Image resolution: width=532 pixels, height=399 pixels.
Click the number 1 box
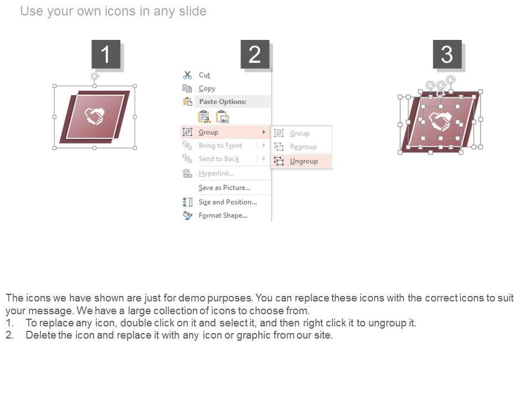106,54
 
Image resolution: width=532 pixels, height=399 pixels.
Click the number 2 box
255,54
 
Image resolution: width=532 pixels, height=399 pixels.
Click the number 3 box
447,54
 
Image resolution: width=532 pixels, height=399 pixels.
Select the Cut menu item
204,75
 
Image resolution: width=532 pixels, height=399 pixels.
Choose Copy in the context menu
207,89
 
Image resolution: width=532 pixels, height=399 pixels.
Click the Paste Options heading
223,101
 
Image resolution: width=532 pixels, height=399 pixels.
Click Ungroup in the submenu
304,161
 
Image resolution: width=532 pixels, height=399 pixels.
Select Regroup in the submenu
303,147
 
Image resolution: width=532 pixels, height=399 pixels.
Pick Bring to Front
221,146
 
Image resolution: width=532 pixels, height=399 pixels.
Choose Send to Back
219,159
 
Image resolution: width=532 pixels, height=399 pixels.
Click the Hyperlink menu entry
217,173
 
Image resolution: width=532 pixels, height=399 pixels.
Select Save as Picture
224,188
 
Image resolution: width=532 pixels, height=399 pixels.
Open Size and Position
228,202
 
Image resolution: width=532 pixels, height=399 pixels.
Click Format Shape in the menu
223,216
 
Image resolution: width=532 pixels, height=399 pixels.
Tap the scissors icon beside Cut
187,75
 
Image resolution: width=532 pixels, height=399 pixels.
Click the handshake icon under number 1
95,116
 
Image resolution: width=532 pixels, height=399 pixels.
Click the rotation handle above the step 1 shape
95,76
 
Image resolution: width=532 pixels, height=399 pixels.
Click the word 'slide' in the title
193,11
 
